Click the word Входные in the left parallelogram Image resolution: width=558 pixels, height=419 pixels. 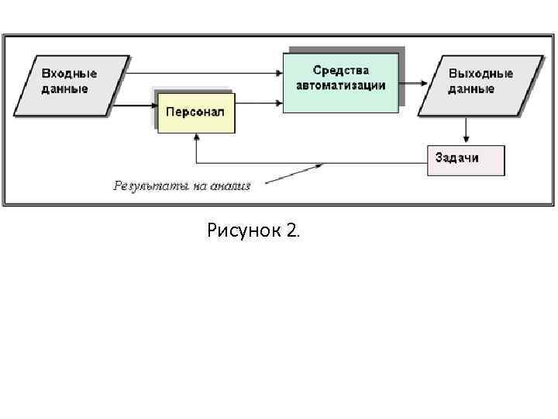69,73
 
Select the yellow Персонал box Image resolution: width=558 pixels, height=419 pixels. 195,112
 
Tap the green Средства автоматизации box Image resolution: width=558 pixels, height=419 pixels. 341,81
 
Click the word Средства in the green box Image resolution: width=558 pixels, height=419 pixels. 341,71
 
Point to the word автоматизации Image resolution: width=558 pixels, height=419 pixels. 341,85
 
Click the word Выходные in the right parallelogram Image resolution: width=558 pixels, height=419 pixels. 480,74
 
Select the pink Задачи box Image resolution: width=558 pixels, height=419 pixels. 465,159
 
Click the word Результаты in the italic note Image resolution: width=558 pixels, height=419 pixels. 147,185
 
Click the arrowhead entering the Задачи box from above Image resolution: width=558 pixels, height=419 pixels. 465,140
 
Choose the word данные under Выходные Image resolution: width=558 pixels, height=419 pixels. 471,88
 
